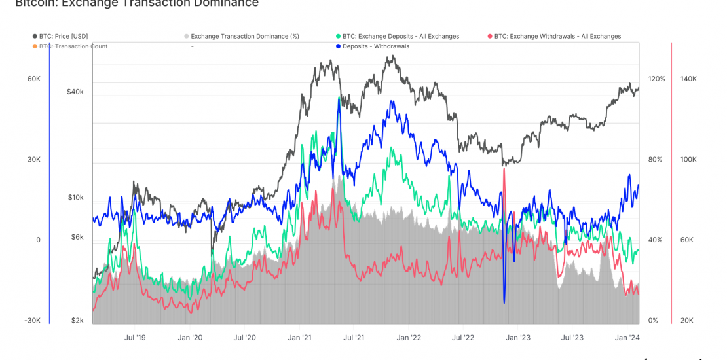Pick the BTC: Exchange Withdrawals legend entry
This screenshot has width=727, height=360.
click(x=557, y=37)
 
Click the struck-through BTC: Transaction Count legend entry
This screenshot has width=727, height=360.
click(x=73, y=46)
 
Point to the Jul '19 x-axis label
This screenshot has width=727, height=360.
click(x=135, y=338)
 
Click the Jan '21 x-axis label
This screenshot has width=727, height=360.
click(x=299, y=338)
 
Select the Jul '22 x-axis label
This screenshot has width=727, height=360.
click(x=463, y=338)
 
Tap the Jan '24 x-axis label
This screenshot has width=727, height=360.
click(x=627, y=338)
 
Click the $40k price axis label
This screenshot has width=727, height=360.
click(x=75, y=92)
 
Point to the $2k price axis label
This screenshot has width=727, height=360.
click(x=77, y=321)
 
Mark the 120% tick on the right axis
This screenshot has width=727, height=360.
click(x=656, y=79)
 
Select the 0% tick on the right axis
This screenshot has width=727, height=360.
click(x=652, y=321)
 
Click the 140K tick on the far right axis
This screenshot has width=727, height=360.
click(x=688, y=79)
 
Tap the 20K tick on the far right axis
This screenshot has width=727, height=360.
click(x=687, y=321)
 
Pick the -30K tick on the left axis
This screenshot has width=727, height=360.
click(x=33, y=321)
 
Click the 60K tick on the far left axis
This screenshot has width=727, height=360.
click(x=33, y=79)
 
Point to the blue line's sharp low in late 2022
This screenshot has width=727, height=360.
click(x=504, y=302)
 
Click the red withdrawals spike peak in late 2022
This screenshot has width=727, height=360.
click(x=504, y=169)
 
